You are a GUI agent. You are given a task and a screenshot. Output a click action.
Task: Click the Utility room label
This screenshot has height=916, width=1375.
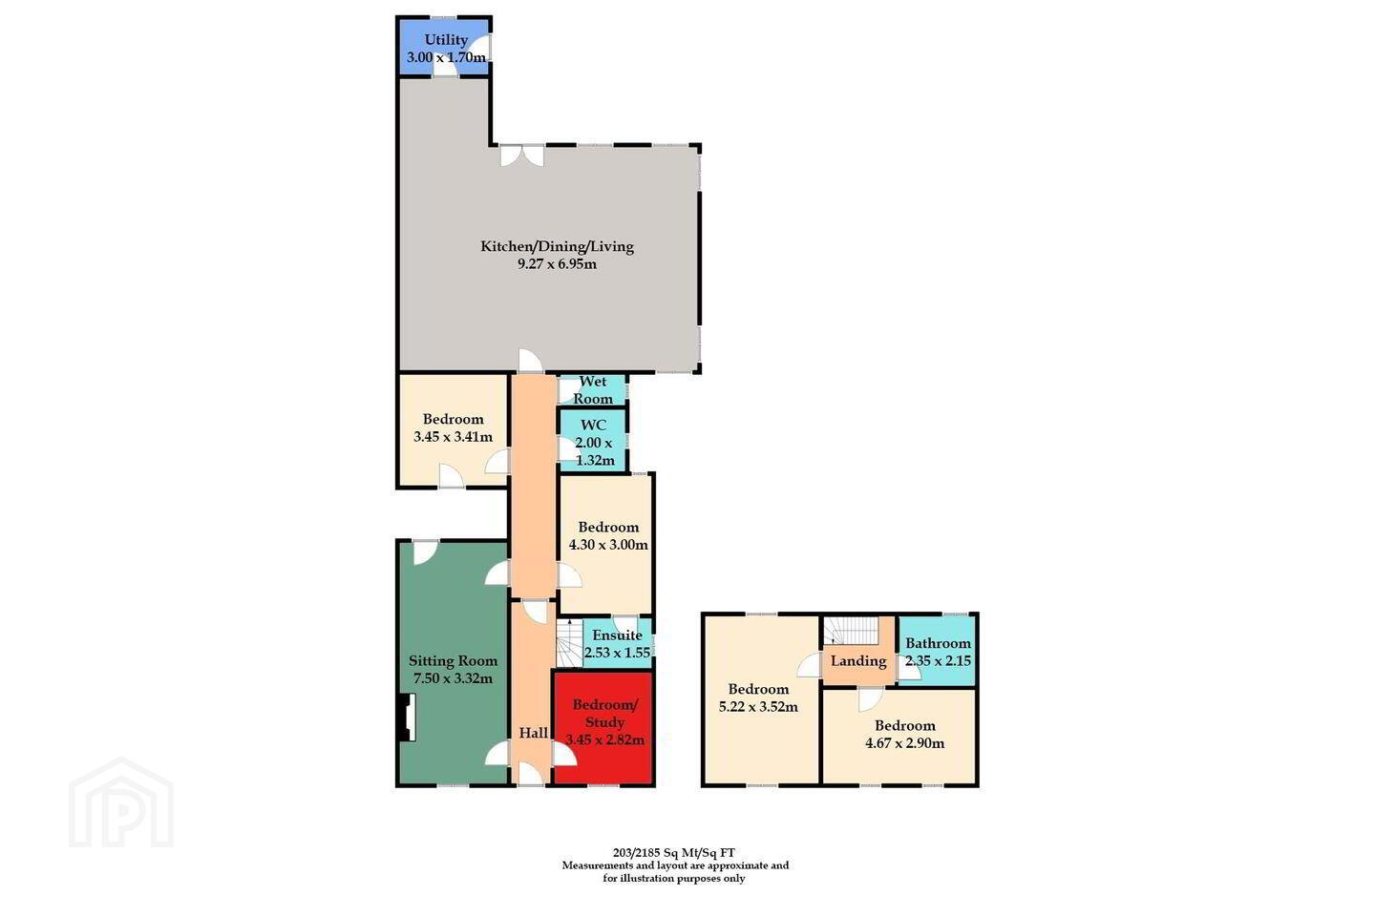coord(446,40)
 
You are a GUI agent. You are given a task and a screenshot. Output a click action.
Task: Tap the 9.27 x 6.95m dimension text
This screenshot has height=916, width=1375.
coord(558,264)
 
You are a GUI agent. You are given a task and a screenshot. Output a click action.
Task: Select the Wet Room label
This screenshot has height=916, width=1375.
coord(593,390)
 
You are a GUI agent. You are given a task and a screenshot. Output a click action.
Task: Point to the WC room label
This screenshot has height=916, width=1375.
coord(594,425)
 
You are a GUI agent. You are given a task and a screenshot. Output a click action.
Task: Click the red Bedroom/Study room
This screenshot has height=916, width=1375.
coord(603,728)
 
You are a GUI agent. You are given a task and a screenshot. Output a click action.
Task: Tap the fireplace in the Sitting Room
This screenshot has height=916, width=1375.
coord(407,718)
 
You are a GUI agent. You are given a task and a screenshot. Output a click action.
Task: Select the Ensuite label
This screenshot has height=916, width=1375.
coord(618,635)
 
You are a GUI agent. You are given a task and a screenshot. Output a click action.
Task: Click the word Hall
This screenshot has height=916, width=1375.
coord(534,733)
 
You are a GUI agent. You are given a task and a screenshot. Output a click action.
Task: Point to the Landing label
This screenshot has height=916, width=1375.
coord(858,661)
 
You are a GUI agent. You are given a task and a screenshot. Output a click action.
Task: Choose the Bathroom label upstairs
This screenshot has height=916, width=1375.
coord(938,643)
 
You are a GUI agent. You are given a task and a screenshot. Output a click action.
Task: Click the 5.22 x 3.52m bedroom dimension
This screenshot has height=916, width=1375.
coord(759,707)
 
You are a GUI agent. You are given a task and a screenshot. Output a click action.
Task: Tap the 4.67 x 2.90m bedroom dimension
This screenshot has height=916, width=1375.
coord(905,743)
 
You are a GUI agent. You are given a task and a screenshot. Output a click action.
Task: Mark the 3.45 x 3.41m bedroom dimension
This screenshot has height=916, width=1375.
coord(453,437)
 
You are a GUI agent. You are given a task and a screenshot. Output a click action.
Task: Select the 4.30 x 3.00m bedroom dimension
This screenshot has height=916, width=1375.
coord(608,545)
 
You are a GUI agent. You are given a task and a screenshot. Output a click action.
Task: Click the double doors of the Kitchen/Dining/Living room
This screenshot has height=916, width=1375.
coord(521,156)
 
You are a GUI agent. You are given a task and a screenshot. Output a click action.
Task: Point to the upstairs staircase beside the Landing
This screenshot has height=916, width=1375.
coord(852,631)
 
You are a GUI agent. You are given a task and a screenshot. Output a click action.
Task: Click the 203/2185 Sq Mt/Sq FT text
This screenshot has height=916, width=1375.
coord(674,852)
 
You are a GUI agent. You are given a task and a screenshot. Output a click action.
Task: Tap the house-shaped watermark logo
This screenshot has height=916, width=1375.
coord(121,802)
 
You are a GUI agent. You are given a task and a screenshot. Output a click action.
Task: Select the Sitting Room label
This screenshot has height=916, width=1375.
coord(453,661)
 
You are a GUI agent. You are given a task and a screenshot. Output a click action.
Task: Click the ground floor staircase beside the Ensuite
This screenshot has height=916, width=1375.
coord(569,642)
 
